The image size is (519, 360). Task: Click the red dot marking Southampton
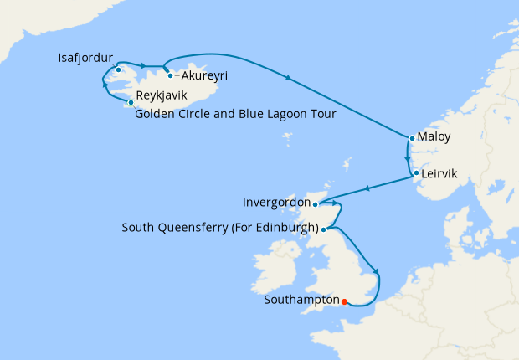[x=345, y=302]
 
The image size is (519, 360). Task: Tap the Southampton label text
[x=301, y=300]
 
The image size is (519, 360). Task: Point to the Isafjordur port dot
[x=119, y=69]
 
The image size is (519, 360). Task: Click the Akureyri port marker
[x=170, y=76]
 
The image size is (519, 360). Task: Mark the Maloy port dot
[x=412, y=138]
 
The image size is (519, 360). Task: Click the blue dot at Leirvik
[x=415, y=173]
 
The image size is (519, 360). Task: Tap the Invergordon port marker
[x=316, y=203]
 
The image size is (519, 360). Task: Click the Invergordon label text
[x=275, y=203]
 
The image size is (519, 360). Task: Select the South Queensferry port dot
[x=324, y=229]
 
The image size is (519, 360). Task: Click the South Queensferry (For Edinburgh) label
[x=220, y=228]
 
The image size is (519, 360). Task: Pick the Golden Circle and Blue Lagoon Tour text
[x=235, y=115]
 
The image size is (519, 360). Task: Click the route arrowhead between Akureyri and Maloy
[x=289, y=79]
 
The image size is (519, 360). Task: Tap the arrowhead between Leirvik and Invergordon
[x=366, y=188]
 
